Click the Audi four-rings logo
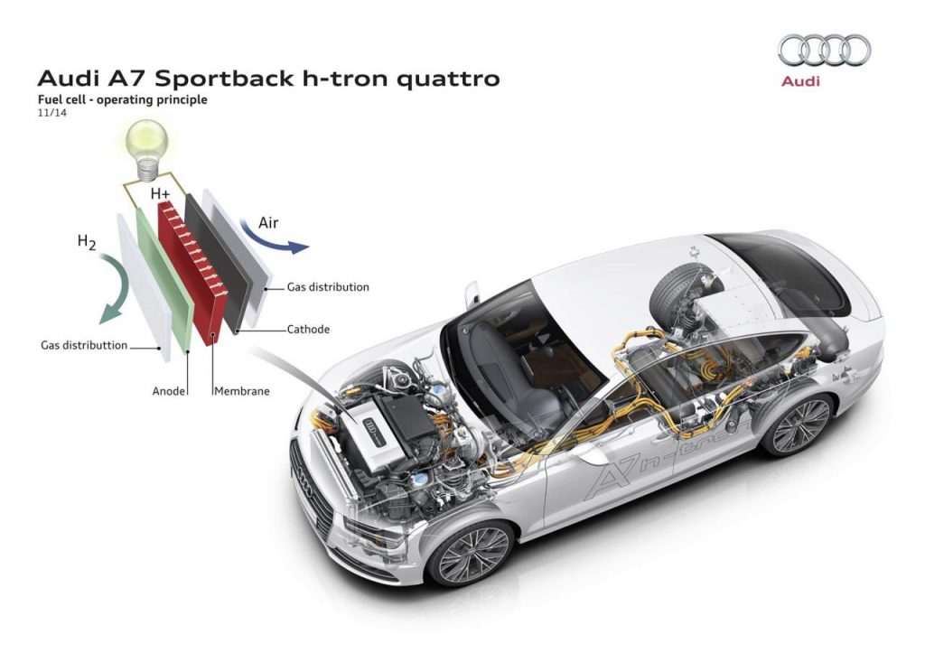point(824,50)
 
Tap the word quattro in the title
point(447,78)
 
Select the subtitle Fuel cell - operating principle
point(122,100)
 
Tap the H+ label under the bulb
point(161,193)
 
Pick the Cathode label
point(308,330)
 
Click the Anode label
point(169,392)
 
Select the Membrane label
point(242,392)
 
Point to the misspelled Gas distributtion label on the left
point(84,346)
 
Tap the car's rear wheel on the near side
point(796,423)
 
